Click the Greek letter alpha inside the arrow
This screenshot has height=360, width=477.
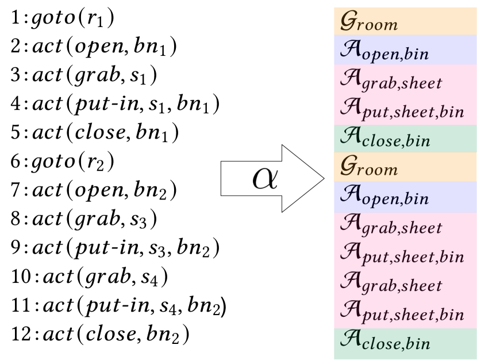coord(265,179)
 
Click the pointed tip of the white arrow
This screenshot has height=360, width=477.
coord(323,178)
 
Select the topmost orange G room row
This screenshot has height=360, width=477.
coord(405,21)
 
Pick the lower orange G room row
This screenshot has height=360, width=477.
coord(405,167)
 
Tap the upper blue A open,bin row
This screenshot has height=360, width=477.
coord(405,50)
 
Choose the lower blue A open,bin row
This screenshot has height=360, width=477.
coord(405,197)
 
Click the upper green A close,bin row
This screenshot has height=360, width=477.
coord(405,138)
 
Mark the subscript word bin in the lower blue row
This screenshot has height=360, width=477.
coord(417,199)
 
